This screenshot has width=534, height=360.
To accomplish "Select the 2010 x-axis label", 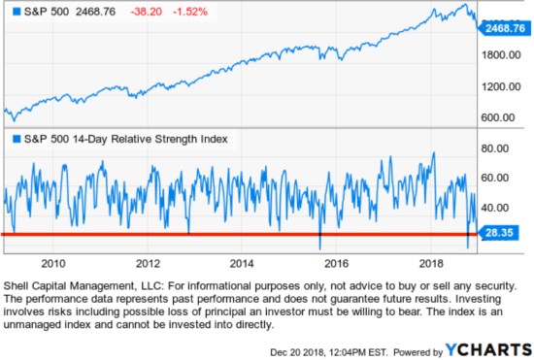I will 52,262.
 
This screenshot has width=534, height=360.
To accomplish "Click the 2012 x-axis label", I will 148,262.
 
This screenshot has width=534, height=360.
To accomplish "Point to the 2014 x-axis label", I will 242,262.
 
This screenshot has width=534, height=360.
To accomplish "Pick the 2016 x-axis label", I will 336,262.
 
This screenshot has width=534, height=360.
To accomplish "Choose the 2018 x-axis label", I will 430,262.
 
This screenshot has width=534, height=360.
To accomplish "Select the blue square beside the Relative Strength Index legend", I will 12,139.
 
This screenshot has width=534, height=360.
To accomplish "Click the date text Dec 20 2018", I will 301,349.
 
